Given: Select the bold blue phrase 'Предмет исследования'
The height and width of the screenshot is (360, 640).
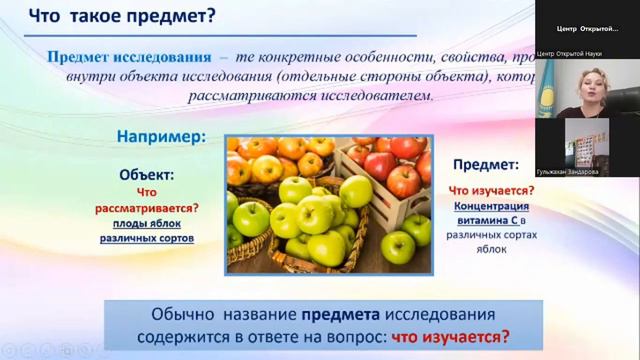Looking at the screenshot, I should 129,56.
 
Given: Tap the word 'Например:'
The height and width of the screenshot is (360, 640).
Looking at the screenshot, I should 161,134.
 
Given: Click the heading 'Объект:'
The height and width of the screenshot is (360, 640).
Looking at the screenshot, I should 146,173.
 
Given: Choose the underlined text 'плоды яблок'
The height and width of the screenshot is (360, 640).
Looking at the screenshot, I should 147,224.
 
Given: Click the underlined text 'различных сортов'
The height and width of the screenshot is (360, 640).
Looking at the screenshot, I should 147,239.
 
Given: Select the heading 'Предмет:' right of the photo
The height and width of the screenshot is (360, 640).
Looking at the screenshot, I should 486,164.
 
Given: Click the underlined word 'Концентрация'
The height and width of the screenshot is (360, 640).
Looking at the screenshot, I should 486,205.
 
